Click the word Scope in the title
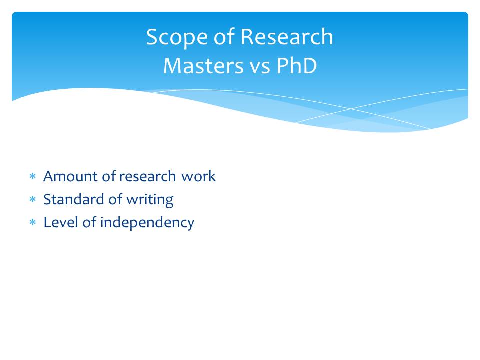click(x=177, y=38)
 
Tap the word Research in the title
click(x=287, y=37)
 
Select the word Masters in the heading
click(x=203, y=66)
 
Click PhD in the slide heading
click(x=296, y=66)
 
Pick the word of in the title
click(x=224, y=37)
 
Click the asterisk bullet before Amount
click(x=33, y=176)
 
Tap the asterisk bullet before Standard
click(x=33, y=200)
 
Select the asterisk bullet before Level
click(x=33, y=222)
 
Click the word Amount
click(x=70, y=176)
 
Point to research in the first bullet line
click(x=147, y=177)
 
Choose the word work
click(x=198, y=176)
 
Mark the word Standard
click(x=74, y=199)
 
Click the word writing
click(x=150, y=200)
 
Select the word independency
click(x=147, y=223)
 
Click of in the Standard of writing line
click(x=115, y=199)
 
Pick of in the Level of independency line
click(x=89, y=222)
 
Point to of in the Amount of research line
click(x=109, y=176)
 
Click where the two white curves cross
click(x=351, y=108)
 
